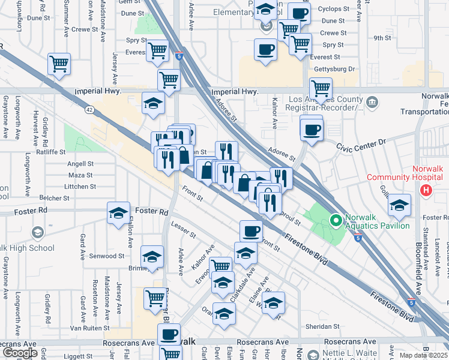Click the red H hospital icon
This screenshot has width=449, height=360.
pyautogui.click(x=426, y=191)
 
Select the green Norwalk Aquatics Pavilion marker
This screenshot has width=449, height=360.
pyautogui.click(x=334, y=222)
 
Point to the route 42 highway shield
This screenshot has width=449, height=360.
pyautogui.click(x=89, y=110)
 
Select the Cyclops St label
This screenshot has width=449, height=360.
pyautogui.click(x=334, y=9)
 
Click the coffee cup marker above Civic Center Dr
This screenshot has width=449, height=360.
pyautogui.click(x=311, y=130)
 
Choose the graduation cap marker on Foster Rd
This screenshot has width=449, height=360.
pyautogui.click(x=118, y=213)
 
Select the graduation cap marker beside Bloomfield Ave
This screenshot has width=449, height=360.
pyautogui.click(x=399, y=205)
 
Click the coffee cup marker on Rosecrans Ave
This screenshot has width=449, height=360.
pyautogui.click(x=169, y=334)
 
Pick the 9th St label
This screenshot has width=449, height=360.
pyautogui.click(x=382, y=38)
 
